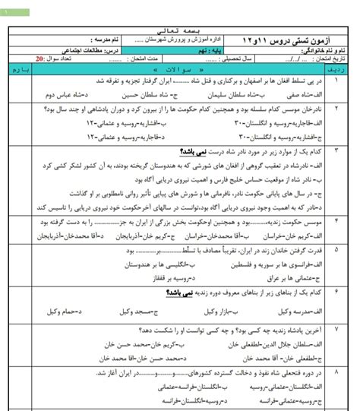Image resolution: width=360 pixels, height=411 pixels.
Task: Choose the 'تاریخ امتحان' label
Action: tap(335, 58)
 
